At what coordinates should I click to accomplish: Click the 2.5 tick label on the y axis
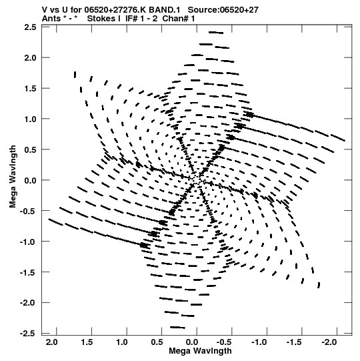30,27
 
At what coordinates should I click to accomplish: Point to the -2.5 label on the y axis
28,333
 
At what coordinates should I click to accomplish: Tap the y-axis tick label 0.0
30,180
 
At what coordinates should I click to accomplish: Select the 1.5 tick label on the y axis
30,88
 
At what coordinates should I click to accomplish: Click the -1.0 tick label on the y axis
28,242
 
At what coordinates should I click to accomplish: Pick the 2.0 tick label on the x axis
51,342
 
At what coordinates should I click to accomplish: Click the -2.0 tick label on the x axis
329,342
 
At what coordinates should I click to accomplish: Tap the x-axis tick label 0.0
191,342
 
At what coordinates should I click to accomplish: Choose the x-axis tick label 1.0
122,342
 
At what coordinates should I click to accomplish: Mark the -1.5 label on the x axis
293,342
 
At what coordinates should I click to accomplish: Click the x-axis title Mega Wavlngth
200,351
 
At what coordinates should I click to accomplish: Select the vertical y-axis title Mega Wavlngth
13,177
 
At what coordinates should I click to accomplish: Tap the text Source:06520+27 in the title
223,10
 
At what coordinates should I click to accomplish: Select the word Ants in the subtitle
51,19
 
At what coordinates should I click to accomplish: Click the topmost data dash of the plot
216,33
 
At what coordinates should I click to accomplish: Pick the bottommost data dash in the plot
177,327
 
